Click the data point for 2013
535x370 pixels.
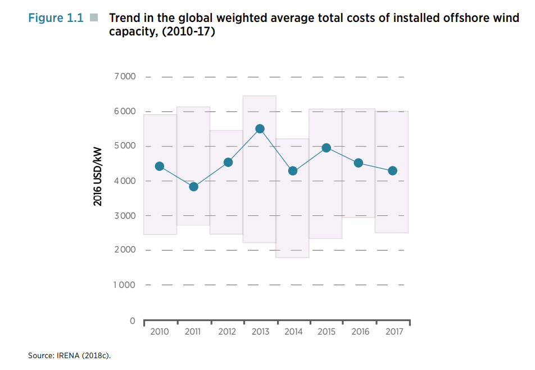point(260,129)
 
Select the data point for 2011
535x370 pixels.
point(193,187)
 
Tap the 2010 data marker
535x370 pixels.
point(160,166)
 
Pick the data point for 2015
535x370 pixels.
point(326,148)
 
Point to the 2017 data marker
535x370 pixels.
point(393,170)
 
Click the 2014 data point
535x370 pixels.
point(292,170)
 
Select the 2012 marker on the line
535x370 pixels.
point(228,163)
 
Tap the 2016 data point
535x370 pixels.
point(359,163)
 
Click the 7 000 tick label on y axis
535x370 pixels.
point(125,76)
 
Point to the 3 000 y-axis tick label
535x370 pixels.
point(125,216)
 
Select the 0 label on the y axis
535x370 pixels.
point(132,321)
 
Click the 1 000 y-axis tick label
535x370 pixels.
point(125,285)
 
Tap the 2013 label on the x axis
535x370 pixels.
point(260,332)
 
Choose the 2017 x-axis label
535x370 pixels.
point(394,332)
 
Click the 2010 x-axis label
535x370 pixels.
point(160,332)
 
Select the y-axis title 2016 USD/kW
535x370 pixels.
point(98,177)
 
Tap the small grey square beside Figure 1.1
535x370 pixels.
point(93,18)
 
